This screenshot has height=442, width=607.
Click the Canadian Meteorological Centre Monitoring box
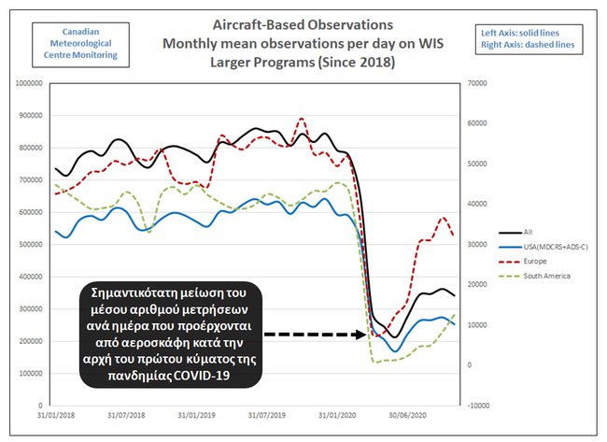78,42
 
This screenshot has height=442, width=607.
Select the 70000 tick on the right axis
476,83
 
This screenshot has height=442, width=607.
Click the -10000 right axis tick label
479,406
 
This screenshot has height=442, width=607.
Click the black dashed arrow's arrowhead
367,334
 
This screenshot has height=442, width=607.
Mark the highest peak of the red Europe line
301,119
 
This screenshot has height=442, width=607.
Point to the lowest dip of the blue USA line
396,351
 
